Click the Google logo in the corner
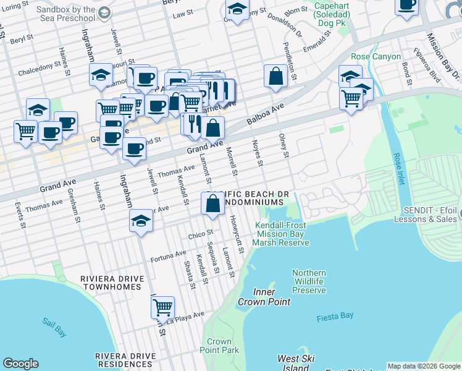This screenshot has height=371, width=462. tap(20, 364)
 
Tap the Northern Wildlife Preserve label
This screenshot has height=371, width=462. tap(309, 281)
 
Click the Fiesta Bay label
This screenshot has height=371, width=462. tap(335, 316)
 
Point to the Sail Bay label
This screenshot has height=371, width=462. tap(54, 322)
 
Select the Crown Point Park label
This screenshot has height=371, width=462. tap(219, 346)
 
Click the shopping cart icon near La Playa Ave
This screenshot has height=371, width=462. tap(162, 307)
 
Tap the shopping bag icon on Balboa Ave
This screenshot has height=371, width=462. tap(275, 77)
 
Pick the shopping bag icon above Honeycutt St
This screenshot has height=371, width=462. tap(212, 203)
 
